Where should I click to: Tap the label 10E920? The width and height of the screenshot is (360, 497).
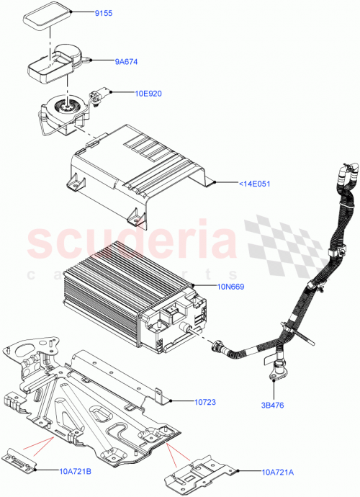coord(149,93)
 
